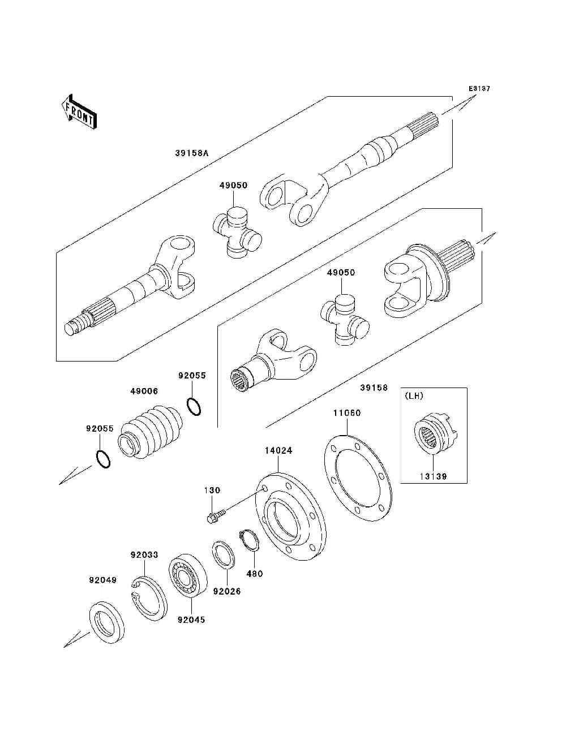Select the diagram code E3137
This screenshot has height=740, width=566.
point(478,89)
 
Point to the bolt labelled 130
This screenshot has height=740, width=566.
point(216,515)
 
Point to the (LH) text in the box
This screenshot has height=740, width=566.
point(414,395)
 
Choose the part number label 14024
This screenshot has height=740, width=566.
point(278,451)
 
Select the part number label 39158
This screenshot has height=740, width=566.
point(374,388)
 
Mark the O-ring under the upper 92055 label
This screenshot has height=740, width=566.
point(193,406)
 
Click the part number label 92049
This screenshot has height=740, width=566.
point(102,580)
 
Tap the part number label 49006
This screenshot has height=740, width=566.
point(144,391)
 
